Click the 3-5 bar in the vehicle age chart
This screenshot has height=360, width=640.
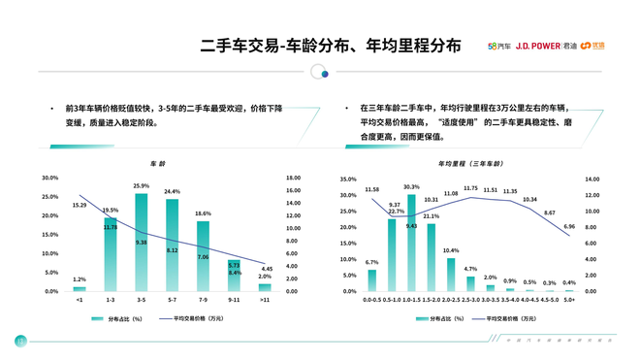tap(141, 243)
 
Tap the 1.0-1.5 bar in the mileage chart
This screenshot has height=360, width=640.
tap(411, 243)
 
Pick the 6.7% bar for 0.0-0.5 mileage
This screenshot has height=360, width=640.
tap(371, 280)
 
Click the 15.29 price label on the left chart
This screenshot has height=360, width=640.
tap(80, 206)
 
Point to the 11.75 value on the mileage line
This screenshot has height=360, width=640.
tap(471, 188)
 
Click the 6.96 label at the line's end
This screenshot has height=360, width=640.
tap(569, 226)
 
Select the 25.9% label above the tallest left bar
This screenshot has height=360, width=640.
tap(141, 185)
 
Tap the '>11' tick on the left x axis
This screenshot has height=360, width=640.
tap(265, 301)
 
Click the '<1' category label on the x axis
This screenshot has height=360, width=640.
tap(79, 301)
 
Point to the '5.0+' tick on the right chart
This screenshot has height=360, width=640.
tap(569, 301)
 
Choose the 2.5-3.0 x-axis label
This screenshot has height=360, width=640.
tap(470, 301)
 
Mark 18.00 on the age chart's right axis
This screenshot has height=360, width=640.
tap(293, 178)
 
